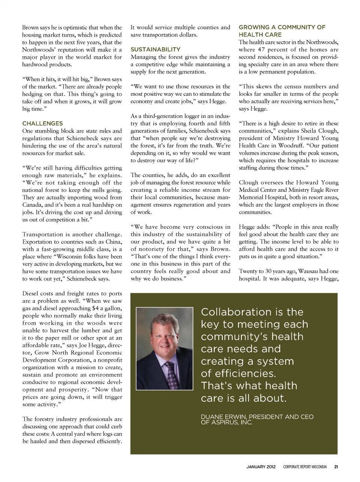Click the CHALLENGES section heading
(42, 124)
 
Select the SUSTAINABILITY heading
(155, 50)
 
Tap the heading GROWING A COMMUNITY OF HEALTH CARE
(282, 31)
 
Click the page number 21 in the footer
(336, 467)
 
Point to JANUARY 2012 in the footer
(261, 467)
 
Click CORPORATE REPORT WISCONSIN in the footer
(305, 467)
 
